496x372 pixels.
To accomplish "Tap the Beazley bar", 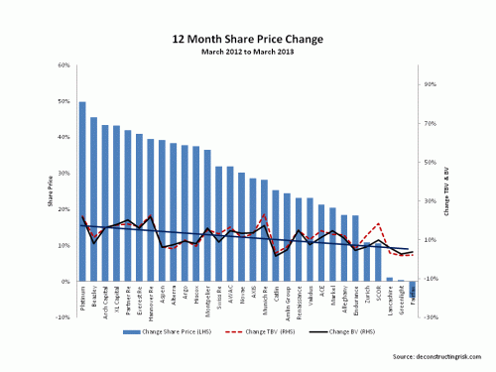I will pyautogui.click(x=93, y=199).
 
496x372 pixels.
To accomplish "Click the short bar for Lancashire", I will pyautogui.click(x=389, y=279).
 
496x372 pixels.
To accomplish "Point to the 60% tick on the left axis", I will pyautogui.click(x=62, y=65).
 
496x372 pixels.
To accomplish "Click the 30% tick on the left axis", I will pyautogui.click(x=62, y=174).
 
